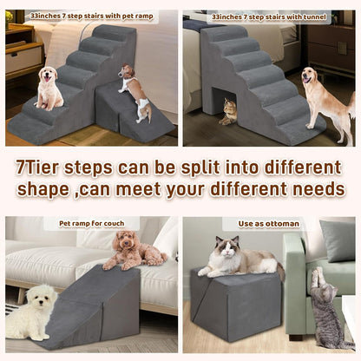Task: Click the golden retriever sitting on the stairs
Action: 49,89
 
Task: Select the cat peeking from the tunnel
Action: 229,110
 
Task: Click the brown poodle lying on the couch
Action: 133,250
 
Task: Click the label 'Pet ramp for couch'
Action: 91,224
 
